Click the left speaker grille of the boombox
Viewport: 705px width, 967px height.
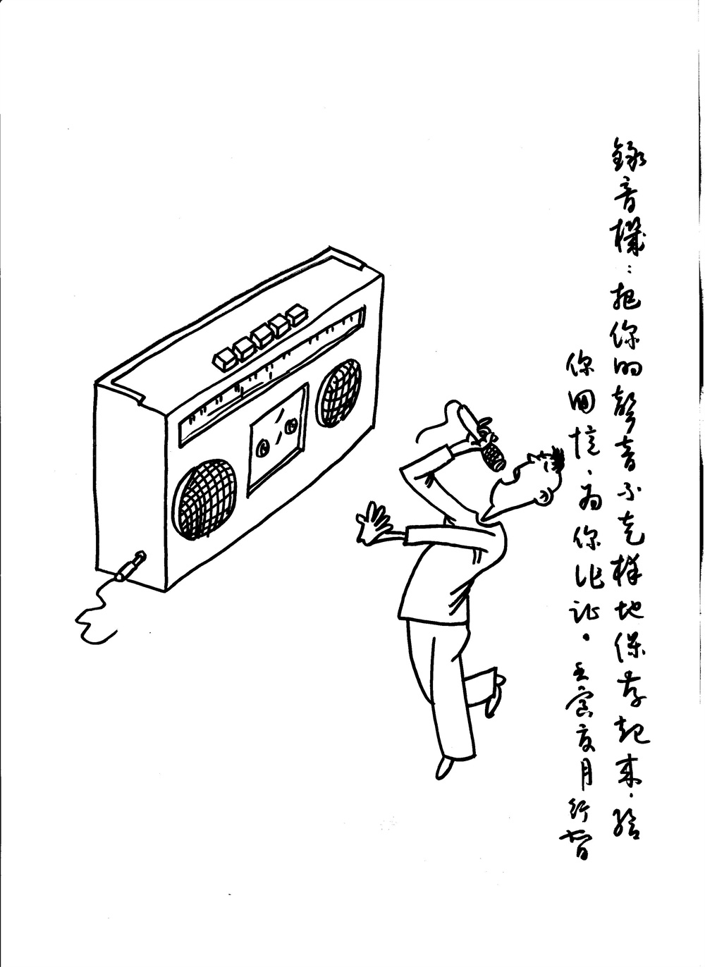pyautogui.click(x=207, y=499)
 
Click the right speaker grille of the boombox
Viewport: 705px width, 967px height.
pyautogui.click(x=338, y=392)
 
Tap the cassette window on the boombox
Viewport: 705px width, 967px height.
pyautogui.click(x=278, y=438)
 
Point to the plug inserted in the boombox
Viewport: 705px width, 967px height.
pyautogui.click(x=131, y=566)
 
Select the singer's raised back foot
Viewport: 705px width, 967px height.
pyautogui.click(x=494, y=698)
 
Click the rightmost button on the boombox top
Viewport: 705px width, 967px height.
pyautogui.click(x=296, y=315)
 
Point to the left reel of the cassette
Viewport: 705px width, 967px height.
pyautogui.click(x=263, y=447)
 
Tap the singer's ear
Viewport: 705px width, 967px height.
pyautogui.click(x=544, y=497)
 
